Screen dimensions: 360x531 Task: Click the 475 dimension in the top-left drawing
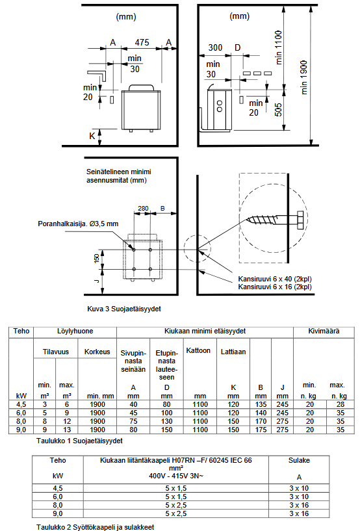click(x=142, y=42)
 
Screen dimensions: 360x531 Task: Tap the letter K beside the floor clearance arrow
click(x=92, y=136)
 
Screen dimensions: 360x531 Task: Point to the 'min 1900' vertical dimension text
click(x=303, y=77)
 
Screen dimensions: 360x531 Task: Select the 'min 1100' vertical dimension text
click(x=278, y=47)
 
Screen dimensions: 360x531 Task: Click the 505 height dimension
click(x=278, y=110)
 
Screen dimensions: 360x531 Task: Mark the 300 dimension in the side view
click(x=215, y=47)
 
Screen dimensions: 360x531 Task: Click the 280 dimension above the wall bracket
click(x=143, y=208)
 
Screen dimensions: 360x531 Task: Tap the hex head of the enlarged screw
click(x=300, y=222)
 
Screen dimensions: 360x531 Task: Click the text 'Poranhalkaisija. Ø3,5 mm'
click(x=78, y=224)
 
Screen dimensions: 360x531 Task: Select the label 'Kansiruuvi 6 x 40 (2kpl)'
click(x=275, y=279)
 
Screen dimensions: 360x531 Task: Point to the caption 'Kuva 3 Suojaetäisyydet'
click(x=124, y=309)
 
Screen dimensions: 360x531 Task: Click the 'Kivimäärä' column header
click(x=324, y=331)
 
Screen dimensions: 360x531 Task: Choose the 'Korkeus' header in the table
click(x=97, y=352)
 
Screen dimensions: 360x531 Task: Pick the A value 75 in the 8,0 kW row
click(x=133, y=421)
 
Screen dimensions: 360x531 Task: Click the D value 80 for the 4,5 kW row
click(x=166, y=404)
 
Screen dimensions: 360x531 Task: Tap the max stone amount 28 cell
click(x=341, y=404)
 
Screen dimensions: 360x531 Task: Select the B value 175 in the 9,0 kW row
click(x=261, y=430)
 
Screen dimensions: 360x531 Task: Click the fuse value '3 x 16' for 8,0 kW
click(x=299, y=505)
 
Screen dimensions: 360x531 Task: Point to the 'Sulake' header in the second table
click(x=299, y=460)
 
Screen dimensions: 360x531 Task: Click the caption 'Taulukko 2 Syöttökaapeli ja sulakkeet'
click(x=95, y=527)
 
